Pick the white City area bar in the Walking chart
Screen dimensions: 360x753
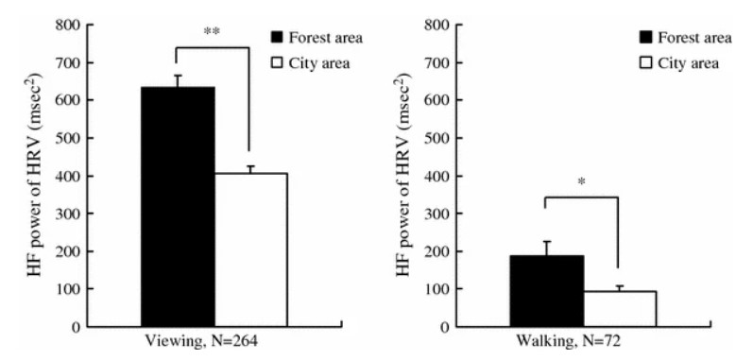tap(619, 308)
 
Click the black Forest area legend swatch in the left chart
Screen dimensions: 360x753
tap(278, 38)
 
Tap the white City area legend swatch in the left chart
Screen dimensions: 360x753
tap(278, 62)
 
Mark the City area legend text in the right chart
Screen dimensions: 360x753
tap(691, 62)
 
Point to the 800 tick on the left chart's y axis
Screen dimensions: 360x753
tap(66, 25)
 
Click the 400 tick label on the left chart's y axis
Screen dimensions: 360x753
tap(66, 176)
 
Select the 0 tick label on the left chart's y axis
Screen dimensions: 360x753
tap(74, 327)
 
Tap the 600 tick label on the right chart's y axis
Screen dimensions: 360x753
tap(435, 100)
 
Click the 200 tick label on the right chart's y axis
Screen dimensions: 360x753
tap(435, 251)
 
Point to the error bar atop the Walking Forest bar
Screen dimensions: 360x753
tap(546, 248)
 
